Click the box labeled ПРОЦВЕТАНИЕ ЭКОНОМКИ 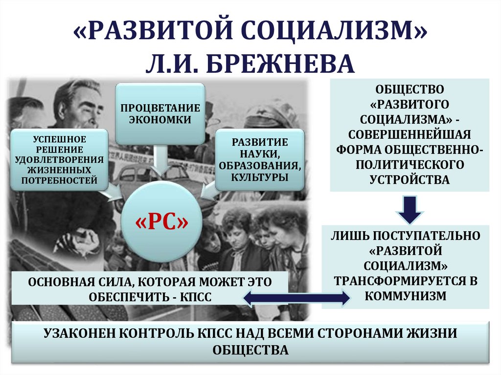tap(160, 113)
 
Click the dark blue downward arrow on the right tap(410, 209)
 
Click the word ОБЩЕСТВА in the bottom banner tap(250, 350)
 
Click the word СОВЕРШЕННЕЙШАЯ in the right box tap(410, 134)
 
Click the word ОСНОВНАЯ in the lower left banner tap(55, 282)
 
